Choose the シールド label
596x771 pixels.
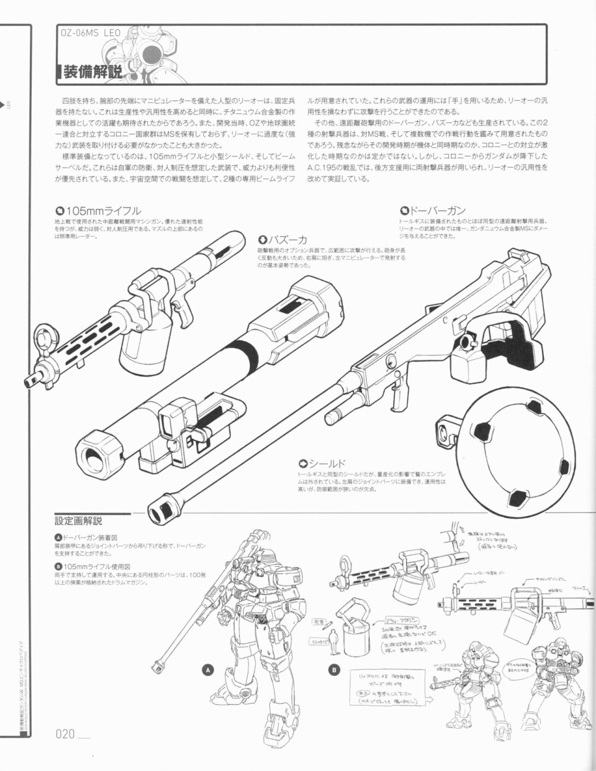point(322,463)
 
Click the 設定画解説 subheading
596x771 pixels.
point(78,521)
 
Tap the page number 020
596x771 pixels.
point(65,734)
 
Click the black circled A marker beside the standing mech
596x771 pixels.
point(209,669)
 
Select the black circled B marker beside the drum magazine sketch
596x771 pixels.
point(335,669)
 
